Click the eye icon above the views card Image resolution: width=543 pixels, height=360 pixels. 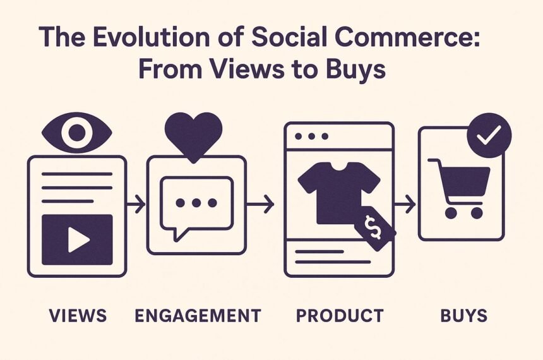click(77, 133)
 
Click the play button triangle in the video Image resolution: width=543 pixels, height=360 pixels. click(79, 239)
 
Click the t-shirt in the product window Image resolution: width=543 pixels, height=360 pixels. click(338, 192)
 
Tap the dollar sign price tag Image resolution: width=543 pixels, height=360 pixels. click(375, 228)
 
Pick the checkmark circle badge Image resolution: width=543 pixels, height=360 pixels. click(489, 135)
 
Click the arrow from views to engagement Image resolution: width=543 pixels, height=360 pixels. click(136, 204)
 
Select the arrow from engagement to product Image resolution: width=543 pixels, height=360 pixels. click(260, 204)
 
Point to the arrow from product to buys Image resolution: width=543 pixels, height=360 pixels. click(405, 204)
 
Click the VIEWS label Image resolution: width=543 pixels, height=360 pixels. click(78, 316)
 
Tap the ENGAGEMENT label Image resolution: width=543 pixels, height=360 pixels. click(198, 316)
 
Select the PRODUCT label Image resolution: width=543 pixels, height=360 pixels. click(340, 316)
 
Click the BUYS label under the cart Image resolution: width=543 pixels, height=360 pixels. click(464, 316)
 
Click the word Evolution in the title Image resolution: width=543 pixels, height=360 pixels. click(151, 37)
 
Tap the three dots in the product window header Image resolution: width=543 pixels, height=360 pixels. click(311, 136)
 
